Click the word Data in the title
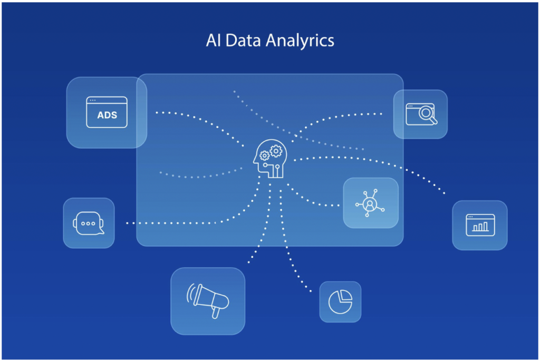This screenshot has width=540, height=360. (243, 40)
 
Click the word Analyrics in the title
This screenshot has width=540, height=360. (300, 41)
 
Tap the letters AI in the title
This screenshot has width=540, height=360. (214, 40)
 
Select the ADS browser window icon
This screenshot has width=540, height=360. (107, 112)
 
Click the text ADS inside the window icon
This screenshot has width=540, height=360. (107, 115)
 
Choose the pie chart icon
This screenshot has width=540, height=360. (340, 302)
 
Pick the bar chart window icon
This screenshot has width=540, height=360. (480, 225)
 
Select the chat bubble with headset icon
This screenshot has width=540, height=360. (89, 223)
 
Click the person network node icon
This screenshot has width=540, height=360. (370, 203)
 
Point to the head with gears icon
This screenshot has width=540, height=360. (270, 159)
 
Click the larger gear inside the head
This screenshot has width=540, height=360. (276, 151)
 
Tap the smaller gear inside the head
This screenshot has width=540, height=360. (264, 156)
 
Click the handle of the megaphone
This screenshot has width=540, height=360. (216, 313)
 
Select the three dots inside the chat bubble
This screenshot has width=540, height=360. (88, 223)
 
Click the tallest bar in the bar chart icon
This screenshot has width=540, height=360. (485, 226)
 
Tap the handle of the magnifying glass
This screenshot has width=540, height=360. (433, 120)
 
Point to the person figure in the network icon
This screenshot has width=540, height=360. (370, 205)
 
